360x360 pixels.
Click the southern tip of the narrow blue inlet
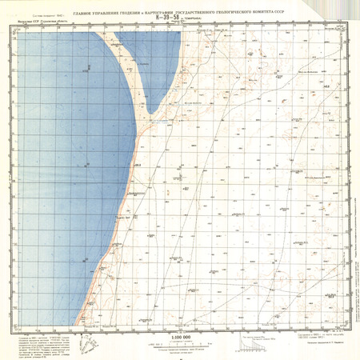[148, 113]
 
